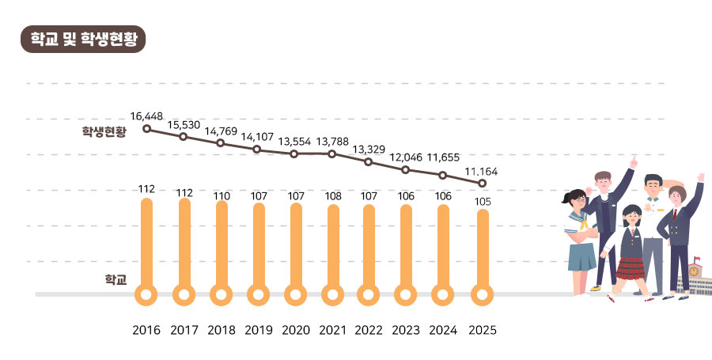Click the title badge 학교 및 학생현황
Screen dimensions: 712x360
[83, 39]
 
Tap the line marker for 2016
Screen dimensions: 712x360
[146, 128]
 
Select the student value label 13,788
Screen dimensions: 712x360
[332, 142]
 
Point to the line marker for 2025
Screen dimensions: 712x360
[483, 184]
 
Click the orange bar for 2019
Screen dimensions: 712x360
[259, 245]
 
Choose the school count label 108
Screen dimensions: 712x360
[332, 196]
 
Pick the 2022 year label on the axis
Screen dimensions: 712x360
[369, 330]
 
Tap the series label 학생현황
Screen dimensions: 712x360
[104, 131]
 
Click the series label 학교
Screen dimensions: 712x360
[116, 279]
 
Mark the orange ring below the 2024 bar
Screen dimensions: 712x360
[443, 295]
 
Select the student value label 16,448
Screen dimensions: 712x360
[146, 116]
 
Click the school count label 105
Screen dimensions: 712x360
[483, 202]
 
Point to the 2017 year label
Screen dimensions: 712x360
[184, 330]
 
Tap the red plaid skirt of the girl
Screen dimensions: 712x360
[631, 269]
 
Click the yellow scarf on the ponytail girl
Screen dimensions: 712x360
[581, 223]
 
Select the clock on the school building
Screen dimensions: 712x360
[694, 271]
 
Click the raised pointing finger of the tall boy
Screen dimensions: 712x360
[634, 162]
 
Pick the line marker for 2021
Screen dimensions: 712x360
[332, 154]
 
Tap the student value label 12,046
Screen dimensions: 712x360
[406, 157]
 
